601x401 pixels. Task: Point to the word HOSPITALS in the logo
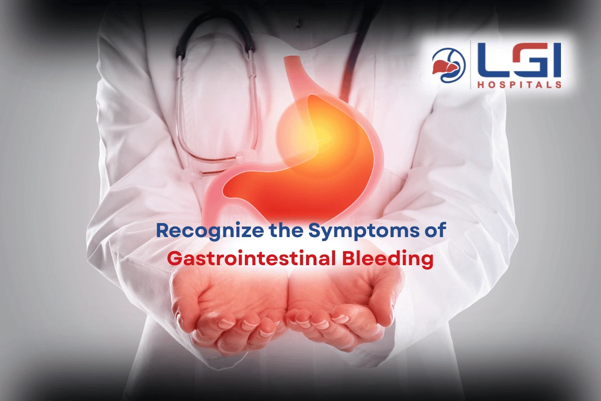click(519, 84)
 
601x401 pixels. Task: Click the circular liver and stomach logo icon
click(449, 65)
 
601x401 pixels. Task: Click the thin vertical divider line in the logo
click(471, 65)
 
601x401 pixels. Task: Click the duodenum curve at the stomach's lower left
click(215, 199)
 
